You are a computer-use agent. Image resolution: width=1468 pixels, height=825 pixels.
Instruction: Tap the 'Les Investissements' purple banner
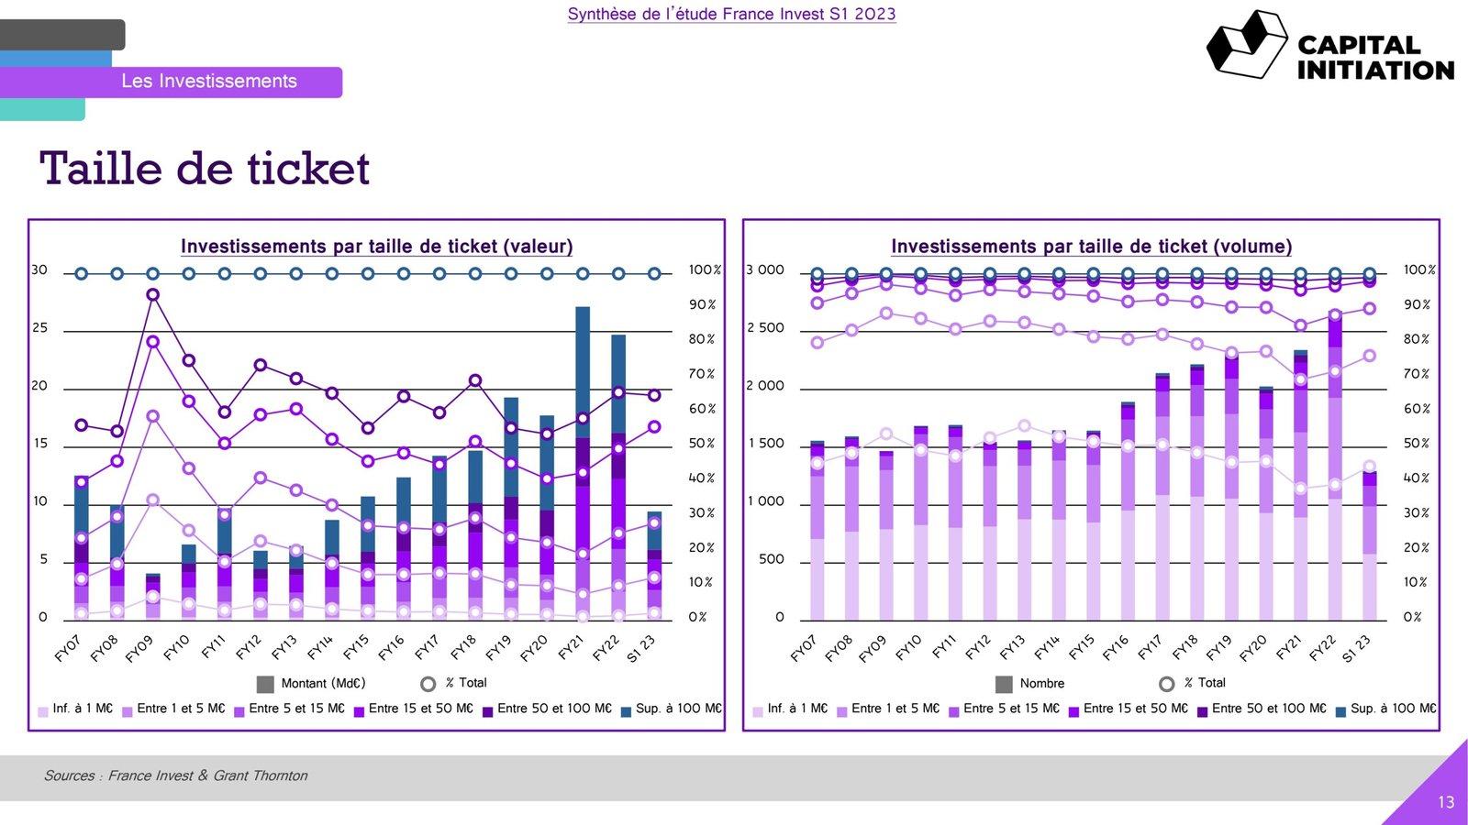coord(209,82)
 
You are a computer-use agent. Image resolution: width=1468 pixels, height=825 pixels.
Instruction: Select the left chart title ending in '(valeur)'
coord(376,247)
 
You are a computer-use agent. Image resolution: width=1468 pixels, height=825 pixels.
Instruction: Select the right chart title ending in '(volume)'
coord(1091,247)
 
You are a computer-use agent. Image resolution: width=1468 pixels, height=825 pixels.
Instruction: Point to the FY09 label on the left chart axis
coord(139,648)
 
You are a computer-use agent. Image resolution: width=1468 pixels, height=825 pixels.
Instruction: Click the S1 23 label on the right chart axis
coord(1357,648)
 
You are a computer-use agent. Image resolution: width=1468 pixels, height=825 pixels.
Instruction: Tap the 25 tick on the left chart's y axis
coord(39,328)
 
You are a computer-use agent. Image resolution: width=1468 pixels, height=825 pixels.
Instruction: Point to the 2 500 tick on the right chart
coord(765,328)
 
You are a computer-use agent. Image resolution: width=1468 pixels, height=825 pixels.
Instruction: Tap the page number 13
coord(1445,802)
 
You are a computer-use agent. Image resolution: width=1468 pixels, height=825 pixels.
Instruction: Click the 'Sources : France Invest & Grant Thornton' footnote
coord(176,775)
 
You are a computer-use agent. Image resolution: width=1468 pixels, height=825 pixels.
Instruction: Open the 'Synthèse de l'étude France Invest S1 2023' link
coord(731,15)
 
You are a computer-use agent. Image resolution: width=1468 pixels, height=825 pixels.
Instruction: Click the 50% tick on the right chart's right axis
coord(1417,444)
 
